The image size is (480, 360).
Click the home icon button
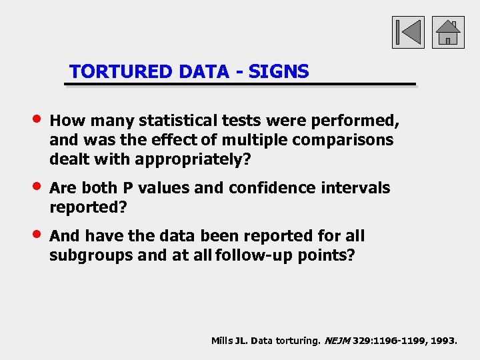pyautogui.click(x=448, y=32)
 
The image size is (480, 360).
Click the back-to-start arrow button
pyautogui.click(x=408, y=32)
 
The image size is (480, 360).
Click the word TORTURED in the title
pyautogui.click(x=121, y=71)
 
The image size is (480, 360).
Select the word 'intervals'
pyautogui.click(x=357, y=188)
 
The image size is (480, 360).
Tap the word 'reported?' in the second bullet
pyautogui.click(x=88, y=208)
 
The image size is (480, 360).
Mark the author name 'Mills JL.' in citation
pyautogui.click(x=228, y=341)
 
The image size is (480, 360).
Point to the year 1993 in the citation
pyautogui.click(x=443, y=341)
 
